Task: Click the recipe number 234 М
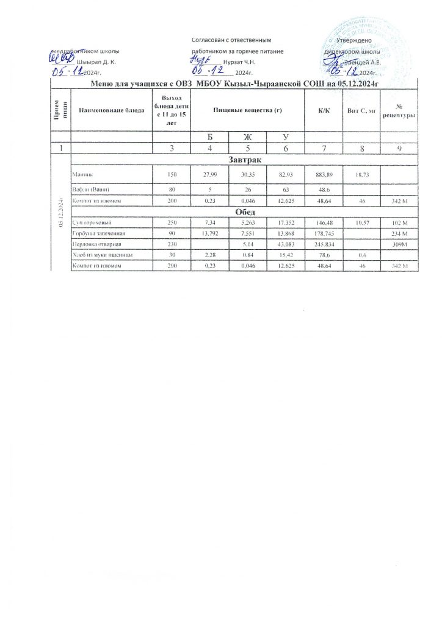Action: [398, 234]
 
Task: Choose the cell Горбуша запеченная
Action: [98, 234]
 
